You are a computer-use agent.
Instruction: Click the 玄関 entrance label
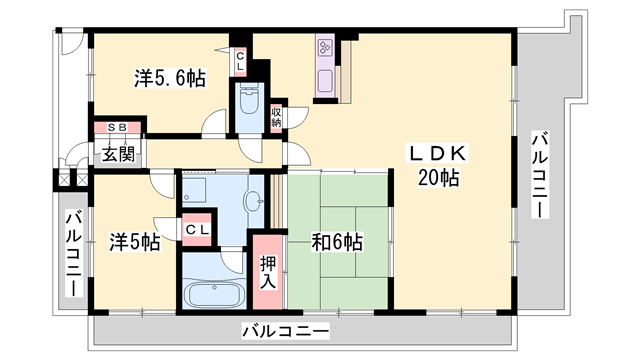click(x=117, y=154)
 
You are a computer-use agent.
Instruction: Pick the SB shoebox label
click(x=117, y=128)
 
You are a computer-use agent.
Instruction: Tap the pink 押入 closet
click(x=268, y=273)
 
